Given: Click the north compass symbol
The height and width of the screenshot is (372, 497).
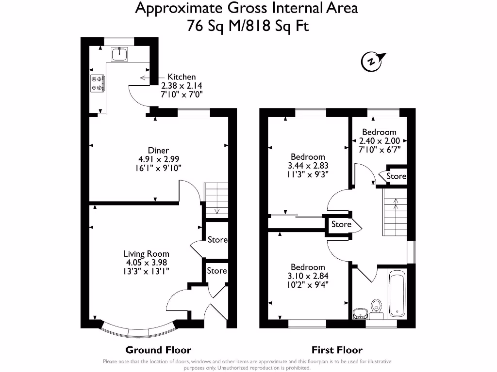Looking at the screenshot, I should (x=372, y=62).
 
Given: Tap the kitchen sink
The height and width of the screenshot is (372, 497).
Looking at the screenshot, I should (x=119, y=54).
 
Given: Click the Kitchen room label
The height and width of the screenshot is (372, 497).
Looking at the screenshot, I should (x=182, y=77).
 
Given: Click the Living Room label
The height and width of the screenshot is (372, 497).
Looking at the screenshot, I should (x=146, y=253).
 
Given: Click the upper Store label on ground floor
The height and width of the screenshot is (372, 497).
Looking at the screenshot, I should (x=217, y=239).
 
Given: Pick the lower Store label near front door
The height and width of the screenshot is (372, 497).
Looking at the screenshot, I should (x=216, y=271).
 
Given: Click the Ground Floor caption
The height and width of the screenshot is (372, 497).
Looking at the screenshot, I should (x=158, y=350).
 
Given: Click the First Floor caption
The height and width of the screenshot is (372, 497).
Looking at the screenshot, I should (x=337, y=350).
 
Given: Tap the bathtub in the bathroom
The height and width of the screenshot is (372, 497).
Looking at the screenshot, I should (x=397, y=294).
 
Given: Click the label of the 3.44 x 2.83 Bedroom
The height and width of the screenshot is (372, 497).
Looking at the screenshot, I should (x=308, y=156).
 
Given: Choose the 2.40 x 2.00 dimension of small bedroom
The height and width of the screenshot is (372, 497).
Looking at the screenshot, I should (x=379, y=141).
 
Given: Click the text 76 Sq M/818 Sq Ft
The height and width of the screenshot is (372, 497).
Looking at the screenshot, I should (x=248, y=26).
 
